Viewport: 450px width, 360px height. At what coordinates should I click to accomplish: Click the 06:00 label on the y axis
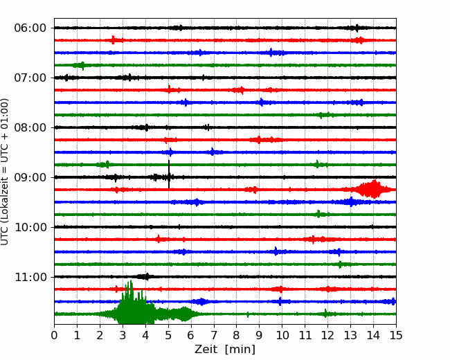(x=30, y=28)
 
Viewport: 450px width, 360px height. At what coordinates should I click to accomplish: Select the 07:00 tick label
(x=30, y=78)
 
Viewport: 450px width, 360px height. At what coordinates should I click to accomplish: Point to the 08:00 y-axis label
(x=30, y=127)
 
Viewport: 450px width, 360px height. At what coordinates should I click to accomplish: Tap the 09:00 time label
(x=30, y=177)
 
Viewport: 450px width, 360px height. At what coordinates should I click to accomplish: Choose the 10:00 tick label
(x=30, y=227)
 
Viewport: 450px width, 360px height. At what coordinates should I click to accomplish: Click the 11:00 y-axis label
(x=30, y=277)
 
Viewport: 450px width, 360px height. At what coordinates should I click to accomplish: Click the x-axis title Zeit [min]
(x=225, y=350)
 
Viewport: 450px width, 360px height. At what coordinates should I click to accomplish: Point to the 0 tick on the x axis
(x=55, y=336)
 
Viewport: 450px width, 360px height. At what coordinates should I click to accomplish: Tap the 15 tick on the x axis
(x=396, y=336)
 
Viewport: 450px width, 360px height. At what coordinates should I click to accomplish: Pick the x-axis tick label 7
(x=214, y=336)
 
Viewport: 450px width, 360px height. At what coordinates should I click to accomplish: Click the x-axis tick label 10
(x=282, y=336)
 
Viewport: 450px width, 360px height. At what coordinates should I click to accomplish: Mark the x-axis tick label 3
(x=123, y=336)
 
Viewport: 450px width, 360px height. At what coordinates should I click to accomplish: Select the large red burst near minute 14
(x=373, y=189)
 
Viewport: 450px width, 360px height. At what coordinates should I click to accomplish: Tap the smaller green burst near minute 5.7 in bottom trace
(x=184, y=314)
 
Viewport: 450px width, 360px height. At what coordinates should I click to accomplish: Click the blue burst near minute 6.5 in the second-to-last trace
(x=201, y=301)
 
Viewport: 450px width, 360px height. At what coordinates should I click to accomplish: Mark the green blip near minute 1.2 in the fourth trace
(x=82, y=65)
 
